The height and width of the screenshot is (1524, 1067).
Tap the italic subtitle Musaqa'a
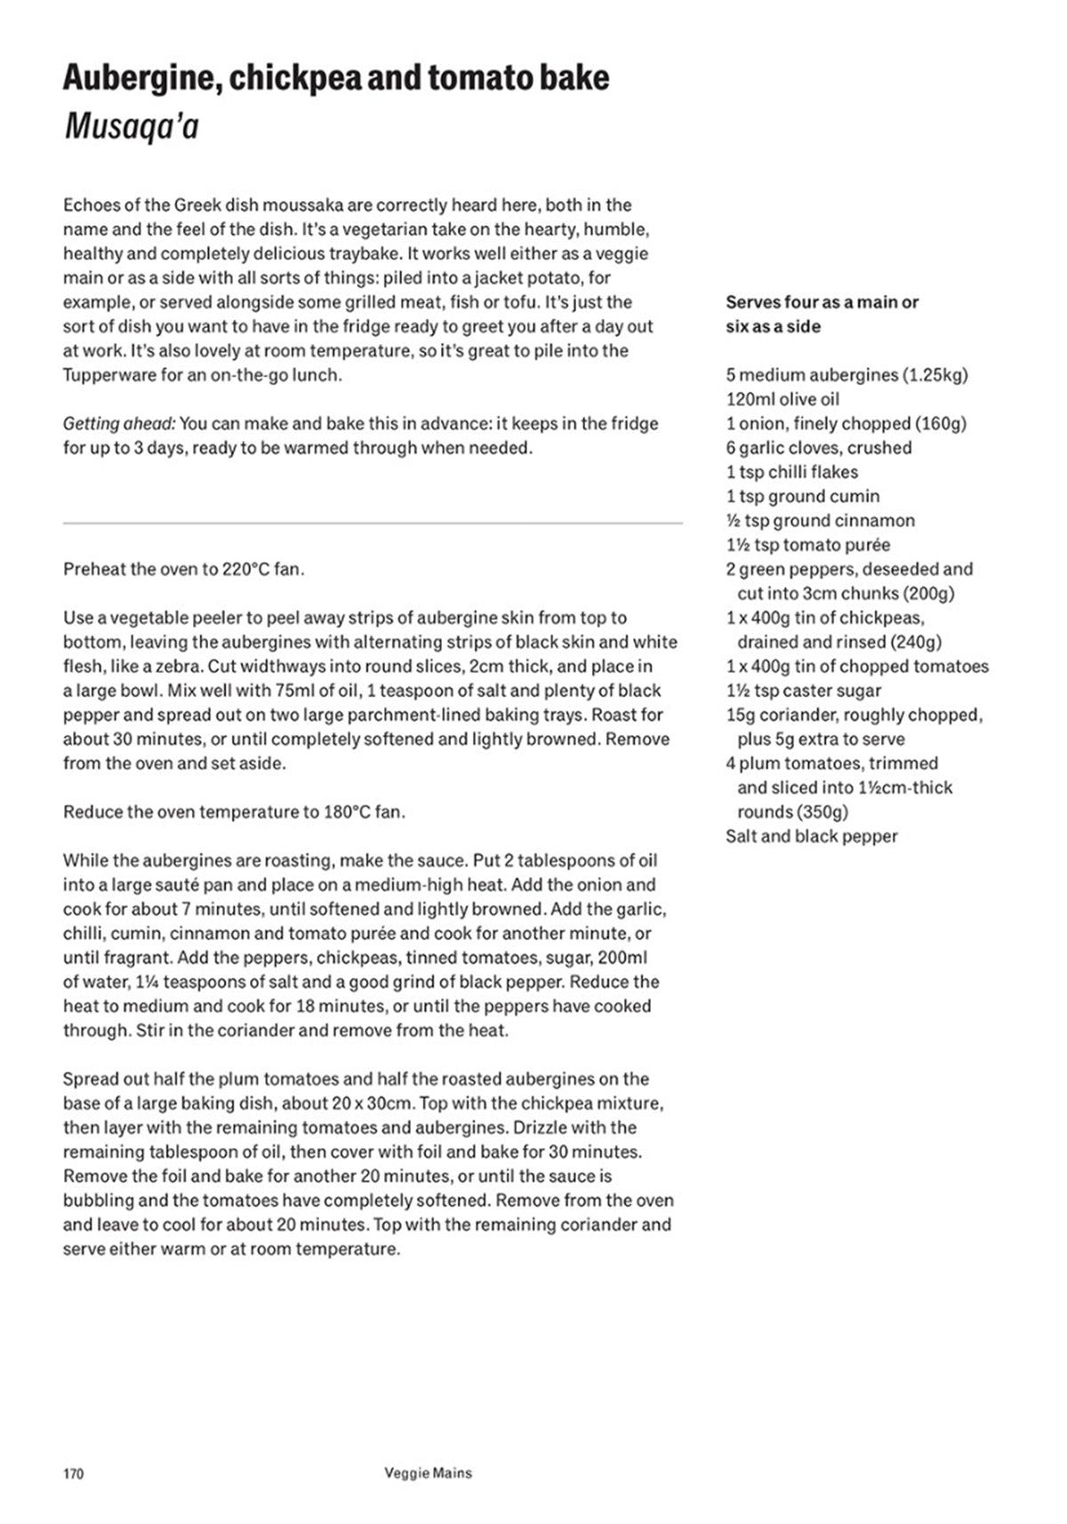click(131, 127)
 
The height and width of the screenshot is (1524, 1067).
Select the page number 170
click(73, 1474)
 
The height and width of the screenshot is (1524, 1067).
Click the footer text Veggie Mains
click(428, 1473)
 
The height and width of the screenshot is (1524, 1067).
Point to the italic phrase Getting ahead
click(118, 424)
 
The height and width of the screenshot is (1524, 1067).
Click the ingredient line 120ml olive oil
click(782, 399)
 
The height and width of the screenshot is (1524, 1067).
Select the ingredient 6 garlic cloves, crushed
click(818, 448)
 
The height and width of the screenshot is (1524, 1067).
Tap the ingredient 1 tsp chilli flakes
click(791, 472)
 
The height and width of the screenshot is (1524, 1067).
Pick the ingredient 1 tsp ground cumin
click(802, 496)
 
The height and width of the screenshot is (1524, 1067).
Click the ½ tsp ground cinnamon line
click(820, 521)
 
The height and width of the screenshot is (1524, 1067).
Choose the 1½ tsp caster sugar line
click(803, 691)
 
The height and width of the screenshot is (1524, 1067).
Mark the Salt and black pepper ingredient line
click(811, 837)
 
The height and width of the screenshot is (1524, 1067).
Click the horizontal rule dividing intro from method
click(373, 523)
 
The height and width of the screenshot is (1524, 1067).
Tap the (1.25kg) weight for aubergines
click(935, 375)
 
